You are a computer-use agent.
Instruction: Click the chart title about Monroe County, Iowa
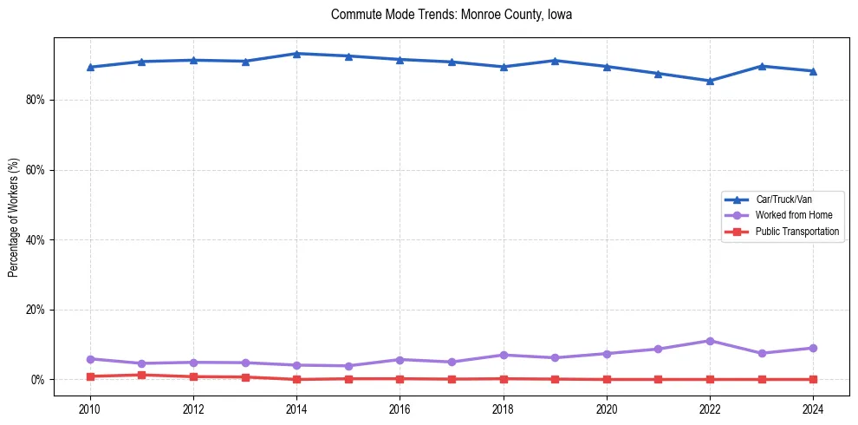point(451,15)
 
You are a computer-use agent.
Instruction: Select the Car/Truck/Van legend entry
point(783,199)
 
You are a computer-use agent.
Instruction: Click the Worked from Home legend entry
point(789,215)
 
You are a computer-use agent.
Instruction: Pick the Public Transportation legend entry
point(796,232)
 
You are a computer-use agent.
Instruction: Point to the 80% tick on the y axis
point(36,100)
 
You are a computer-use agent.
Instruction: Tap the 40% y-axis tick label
point(36,239)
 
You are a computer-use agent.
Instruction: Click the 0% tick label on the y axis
point(38,380)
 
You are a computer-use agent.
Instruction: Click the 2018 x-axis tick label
point(504,409)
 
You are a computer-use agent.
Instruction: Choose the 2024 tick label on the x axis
point(813,409)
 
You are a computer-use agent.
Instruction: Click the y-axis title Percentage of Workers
point(14,217)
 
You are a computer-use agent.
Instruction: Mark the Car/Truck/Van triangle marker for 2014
point(296,54)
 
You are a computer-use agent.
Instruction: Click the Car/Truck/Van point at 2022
point(710,81)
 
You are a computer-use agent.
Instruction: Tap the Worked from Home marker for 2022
point(710,341)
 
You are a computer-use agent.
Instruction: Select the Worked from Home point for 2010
point(90,359)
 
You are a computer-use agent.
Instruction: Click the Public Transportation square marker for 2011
point(141,375)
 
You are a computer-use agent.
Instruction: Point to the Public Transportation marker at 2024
point(813,379)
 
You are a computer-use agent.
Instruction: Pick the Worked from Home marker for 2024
point(813,348)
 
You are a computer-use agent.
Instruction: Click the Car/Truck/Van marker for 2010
point(90,67)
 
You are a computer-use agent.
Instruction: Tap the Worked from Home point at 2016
point(400,359)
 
